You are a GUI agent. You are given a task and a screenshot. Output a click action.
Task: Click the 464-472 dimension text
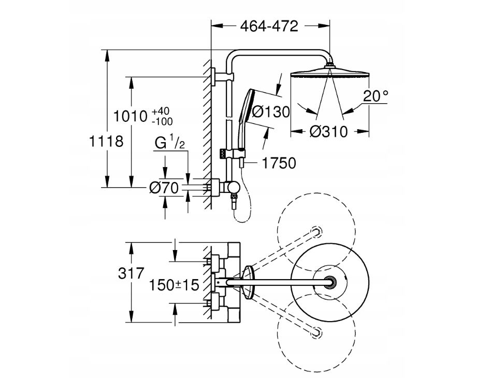click(269, 26)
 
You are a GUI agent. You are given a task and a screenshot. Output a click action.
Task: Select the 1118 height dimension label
click(106, 141)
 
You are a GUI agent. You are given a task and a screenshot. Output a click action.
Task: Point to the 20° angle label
click(376, 96)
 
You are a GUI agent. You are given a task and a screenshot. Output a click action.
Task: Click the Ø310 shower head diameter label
click(328, 131)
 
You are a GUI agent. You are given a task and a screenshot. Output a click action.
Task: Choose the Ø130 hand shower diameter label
click(268, 111)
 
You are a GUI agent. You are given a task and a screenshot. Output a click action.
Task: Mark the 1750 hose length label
click(279, 163)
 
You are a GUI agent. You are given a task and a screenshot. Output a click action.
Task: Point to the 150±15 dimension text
click(174, 284)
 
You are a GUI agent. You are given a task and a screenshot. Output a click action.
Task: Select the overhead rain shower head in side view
click(329, 72)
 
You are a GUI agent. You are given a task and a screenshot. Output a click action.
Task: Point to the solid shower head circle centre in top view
click(328, 282)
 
